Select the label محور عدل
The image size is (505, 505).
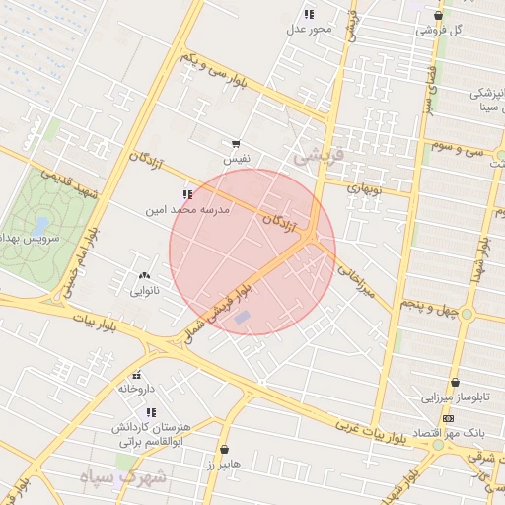[x=309, y=29]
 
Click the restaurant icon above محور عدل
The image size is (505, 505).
[x=309, y=14]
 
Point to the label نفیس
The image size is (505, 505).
[x=236, y=158]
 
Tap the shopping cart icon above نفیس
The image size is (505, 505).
[x=236, y=144]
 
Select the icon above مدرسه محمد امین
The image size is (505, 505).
[x=187, y=195]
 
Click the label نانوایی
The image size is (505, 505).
[x=145, y=291]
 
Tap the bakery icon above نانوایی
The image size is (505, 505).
[x=145, y=276]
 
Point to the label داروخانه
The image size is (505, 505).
[x=137, y=389]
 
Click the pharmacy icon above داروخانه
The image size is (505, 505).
[x=137, y=375]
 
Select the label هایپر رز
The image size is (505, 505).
[x=223, y=463]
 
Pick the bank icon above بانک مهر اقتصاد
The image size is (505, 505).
[x=448, y=419]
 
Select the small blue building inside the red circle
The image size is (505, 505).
[x=244, y=317]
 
